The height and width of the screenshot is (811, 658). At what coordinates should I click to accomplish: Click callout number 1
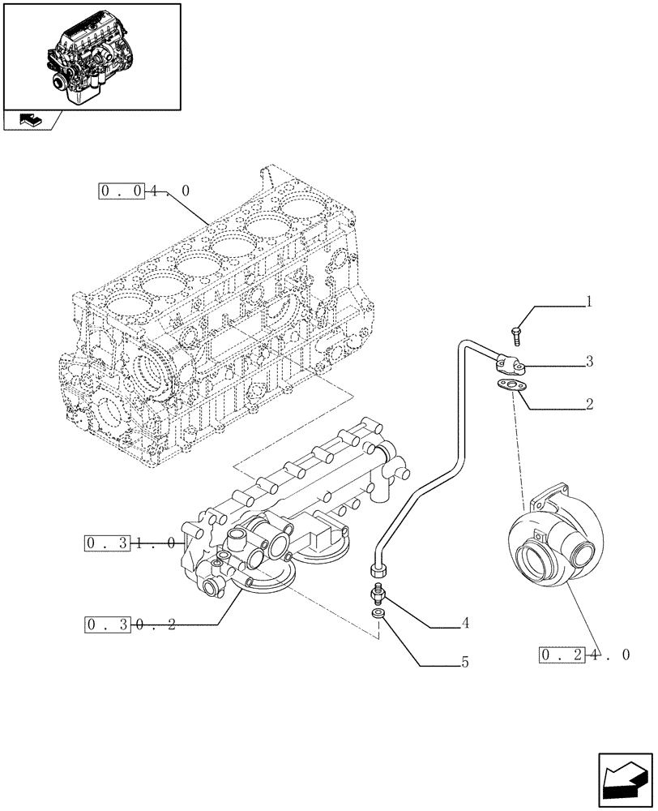(589, 303)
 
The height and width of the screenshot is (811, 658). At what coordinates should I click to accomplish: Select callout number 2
(589, 403)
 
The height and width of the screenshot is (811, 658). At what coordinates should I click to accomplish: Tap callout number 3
(589, 362)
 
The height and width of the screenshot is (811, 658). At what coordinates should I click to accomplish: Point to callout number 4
(465, 624)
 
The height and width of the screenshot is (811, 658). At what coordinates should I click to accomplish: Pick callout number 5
(465, 663)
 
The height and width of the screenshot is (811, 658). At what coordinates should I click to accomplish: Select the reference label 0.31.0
(130, 543)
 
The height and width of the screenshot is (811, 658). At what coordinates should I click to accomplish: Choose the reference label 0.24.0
(583, 654)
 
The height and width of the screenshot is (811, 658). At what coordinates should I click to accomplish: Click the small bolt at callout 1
(517, 333)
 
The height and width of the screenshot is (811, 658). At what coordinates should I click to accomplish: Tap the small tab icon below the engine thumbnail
(31, 121)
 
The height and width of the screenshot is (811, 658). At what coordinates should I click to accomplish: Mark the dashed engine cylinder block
(219, 324)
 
